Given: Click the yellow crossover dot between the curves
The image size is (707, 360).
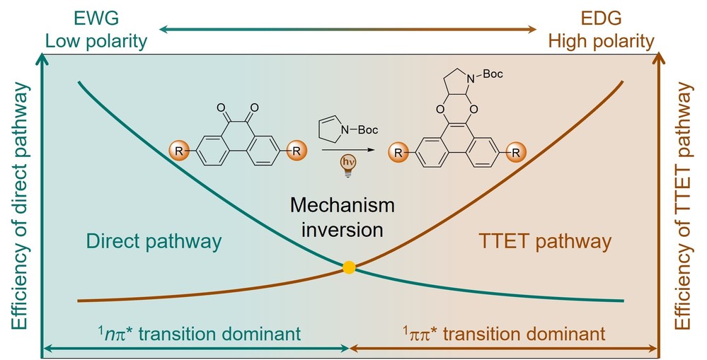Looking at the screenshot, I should click(x=348, y=267).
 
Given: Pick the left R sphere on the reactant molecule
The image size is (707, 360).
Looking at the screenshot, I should click(x=178, y=151).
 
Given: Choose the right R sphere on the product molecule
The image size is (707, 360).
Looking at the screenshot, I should click(x=519, y=151).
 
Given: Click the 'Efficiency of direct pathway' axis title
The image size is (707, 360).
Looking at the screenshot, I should click(x=20, y=205).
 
